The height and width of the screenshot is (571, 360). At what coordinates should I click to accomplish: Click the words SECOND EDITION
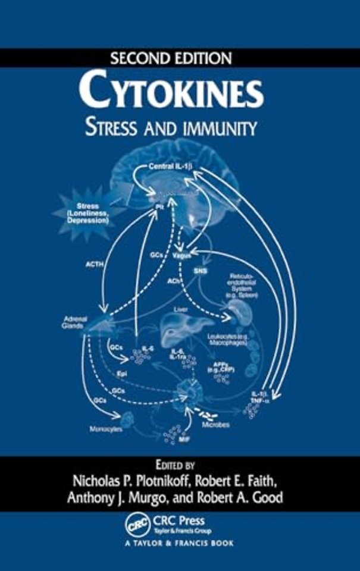pos(180,58)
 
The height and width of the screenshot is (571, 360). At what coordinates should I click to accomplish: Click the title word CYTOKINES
pos(180,92)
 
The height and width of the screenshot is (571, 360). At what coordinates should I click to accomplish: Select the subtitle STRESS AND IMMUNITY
pos(180,127)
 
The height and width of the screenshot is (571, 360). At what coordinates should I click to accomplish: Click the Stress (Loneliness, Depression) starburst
pos(89,213)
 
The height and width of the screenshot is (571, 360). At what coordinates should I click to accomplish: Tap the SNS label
pos(199,269)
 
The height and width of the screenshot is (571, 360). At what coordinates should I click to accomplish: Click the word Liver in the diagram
pos(180,309)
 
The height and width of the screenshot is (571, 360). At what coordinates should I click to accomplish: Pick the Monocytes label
pos(105,427)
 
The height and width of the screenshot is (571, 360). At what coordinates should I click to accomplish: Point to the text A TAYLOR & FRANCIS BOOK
pos(180,543)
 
